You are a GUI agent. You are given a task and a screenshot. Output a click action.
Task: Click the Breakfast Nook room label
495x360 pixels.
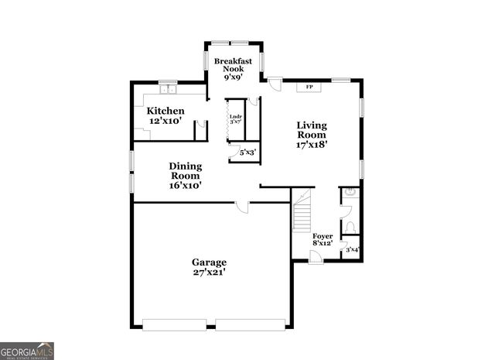coord(233,68)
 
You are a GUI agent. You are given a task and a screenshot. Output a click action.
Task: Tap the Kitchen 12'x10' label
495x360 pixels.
coord(166,115)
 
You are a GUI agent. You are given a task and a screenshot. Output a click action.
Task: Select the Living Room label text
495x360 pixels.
coord(312,134)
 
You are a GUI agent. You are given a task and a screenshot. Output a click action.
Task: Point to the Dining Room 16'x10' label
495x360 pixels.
coord(185,175)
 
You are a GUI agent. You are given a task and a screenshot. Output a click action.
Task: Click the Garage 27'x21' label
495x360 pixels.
coord(209,267)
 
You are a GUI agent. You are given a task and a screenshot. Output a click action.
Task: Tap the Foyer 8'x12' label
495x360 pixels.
coord(323,239)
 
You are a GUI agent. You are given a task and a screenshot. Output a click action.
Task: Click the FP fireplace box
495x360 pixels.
coord(309,87)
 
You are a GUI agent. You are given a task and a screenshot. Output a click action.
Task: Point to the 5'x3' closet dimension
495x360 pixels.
coord(247,153)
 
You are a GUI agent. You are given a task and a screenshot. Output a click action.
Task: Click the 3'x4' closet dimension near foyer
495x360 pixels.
coord(352,249)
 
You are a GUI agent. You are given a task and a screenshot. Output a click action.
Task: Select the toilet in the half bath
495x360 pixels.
coord(350,225)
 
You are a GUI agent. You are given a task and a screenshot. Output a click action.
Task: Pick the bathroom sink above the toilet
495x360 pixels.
coord(350,192)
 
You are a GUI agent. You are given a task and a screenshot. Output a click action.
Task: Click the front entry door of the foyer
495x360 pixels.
coord(316,256)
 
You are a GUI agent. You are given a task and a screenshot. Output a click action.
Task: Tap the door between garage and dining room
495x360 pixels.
coord(243,206)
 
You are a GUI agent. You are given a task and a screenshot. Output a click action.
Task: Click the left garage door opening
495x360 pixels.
coord(175,324)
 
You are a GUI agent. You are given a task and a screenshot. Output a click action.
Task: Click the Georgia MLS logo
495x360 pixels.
coord(27,350)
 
